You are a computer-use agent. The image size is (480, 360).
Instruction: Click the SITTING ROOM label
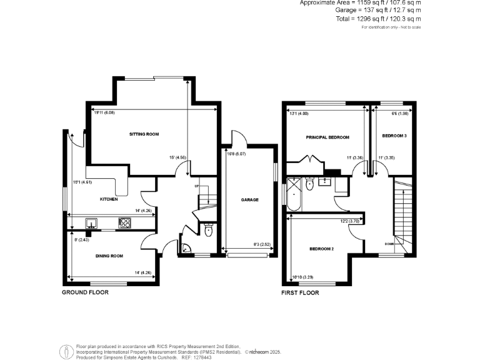(144, 134)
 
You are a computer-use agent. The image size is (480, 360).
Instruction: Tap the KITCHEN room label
(109, 199)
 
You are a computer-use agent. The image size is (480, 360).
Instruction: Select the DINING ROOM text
(109, 256)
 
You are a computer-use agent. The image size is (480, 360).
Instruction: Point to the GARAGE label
(250, 200)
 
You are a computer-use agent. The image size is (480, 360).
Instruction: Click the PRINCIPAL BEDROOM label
(327, 137)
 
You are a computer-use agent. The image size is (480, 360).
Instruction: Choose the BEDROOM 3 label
(394, 136)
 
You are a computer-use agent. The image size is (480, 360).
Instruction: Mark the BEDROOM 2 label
(321, 249)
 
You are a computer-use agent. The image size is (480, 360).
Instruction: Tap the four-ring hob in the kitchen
(124, 222)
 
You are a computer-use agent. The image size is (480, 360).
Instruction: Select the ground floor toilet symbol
(208, 231)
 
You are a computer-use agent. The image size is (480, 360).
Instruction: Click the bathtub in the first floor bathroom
(293, 196)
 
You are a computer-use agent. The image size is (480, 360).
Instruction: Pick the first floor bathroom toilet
(309, 183)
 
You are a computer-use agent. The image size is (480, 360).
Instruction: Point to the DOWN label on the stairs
(389, 244)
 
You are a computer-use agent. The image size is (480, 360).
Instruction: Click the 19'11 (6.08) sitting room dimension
(104, 113)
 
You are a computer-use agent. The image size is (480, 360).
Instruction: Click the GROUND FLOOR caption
(85, 292)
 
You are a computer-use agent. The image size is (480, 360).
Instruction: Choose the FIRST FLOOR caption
(300, 292)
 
